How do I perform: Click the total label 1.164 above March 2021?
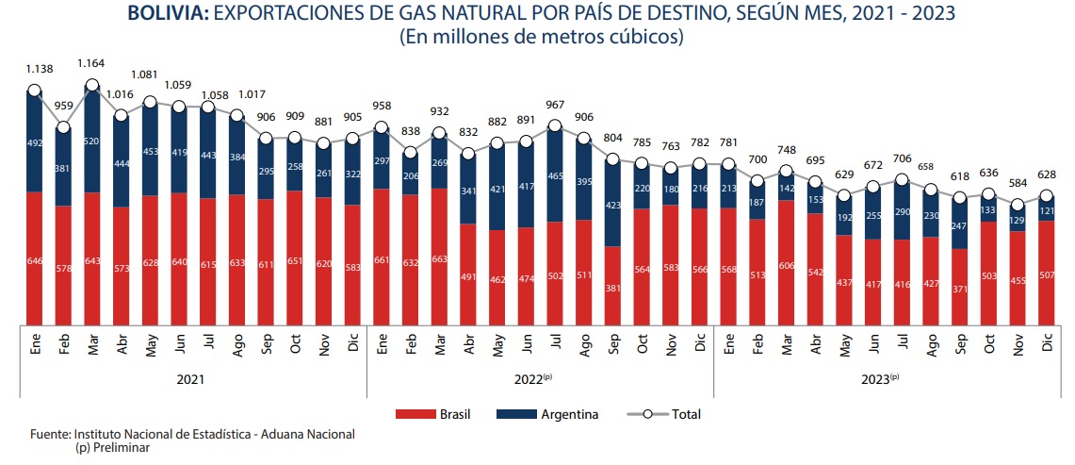92,62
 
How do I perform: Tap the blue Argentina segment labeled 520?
92,140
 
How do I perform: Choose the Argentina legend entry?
556,414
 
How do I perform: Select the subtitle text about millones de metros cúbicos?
541,38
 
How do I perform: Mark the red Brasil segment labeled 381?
612,285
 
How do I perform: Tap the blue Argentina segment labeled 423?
612,202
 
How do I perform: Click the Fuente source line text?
192,434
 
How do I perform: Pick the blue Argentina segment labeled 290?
902,211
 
